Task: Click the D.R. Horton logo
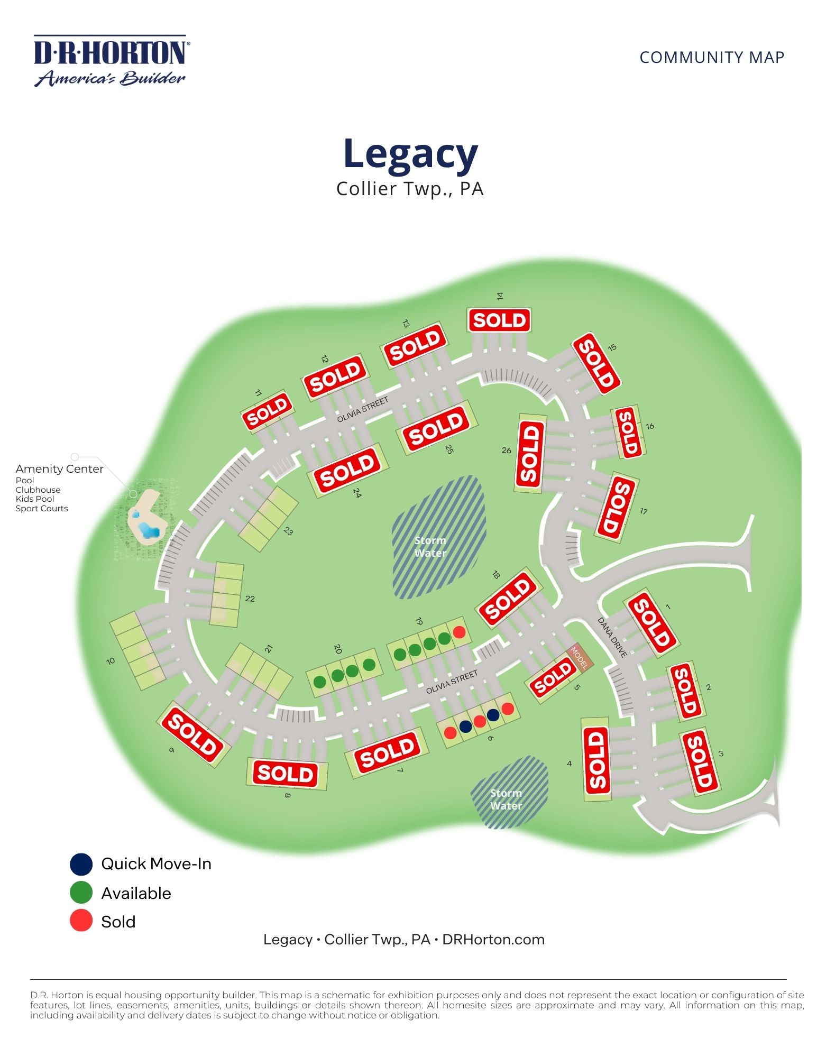(111, 60)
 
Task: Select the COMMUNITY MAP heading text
(711, 57)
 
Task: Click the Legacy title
(410, 153)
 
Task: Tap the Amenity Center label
(59, 469)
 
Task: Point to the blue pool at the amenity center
(146, 529)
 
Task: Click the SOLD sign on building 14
(499, 320)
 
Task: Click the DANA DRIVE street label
(612, 638)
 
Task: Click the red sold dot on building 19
(459, 632)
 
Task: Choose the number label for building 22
(250, 599)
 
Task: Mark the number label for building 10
(111, 661)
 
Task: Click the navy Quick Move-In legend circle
(81, 864)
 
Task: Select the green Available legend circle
(81, 893)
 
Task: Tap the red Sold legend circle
(81, 922)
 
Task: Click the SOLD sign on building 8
(286, 774)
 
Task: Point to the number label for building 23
(288, 531)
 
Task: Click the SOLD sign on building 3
(700, 761)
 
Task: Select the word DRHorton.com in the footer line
(493, 940)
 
